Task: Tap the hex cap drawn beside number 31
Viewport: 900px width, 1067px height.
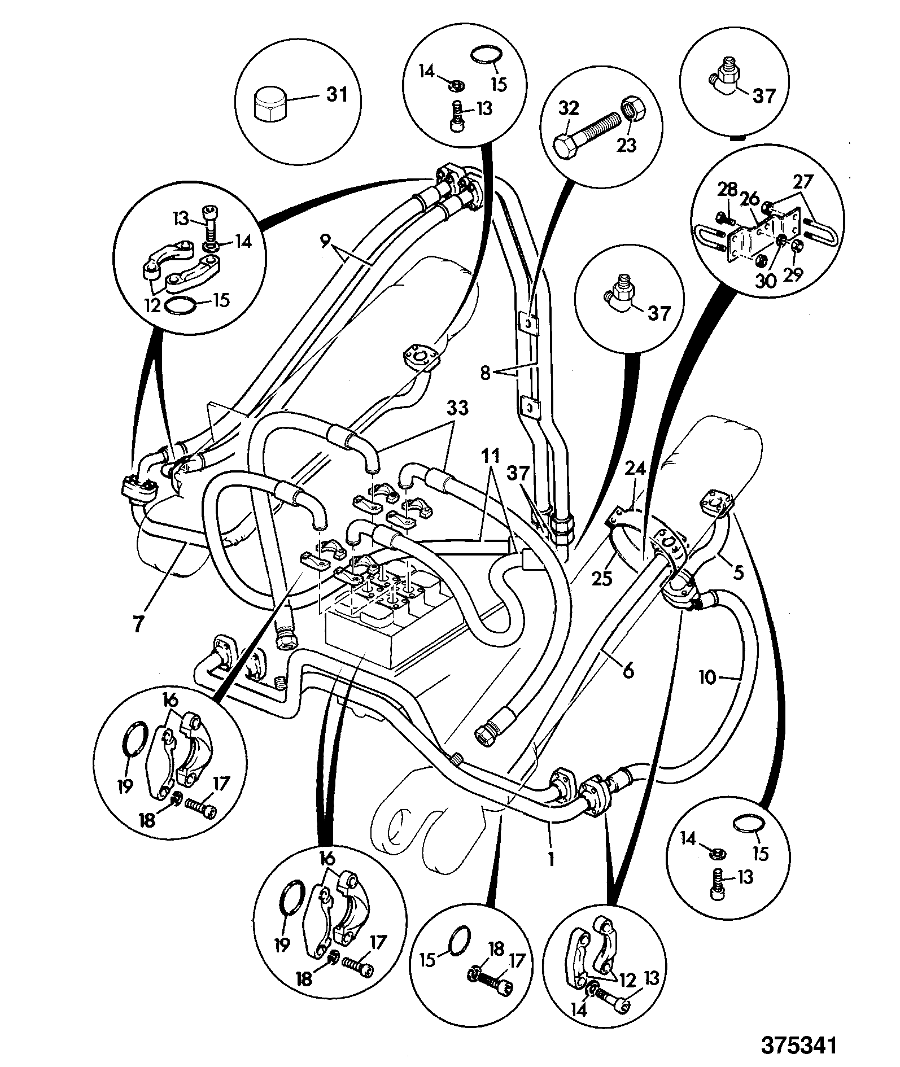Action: click(270, 104)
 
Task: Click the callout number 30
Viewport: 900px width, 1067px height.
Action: click(767, 281)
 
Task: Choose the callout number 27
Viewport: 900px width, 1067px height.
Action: click(803, 182)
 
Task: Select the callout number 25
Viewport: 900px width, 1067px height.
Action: click(602, 578)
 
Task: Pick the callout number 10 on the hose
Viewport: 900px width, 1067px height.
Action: click(708, 677)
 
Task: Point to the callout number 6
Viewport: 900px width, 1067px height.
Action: click(628, 670)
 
